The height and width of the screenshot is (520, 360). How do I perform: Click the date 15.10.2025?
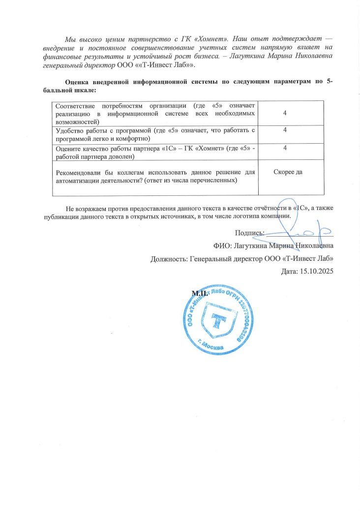point(316,271)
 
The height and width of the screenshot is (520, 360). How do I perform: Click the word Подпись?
point(249,233)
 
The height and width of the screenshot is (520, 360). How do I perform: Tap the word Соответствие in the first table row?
point(76,106)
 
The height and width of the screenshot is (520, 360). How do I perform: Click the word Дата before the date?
point(288,271)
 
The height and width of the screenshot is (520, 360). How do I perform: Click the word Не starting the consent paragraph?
point(70,208)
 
